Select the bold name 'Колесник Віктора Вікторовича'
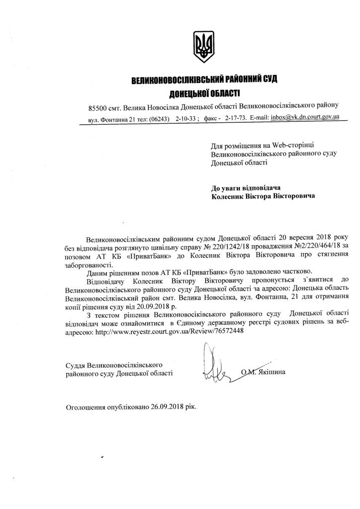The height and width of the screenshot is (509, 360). click(263, 197)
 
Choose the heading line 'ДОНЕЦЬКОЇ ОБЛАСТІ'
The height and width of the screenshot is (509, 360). click(204, 93)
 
